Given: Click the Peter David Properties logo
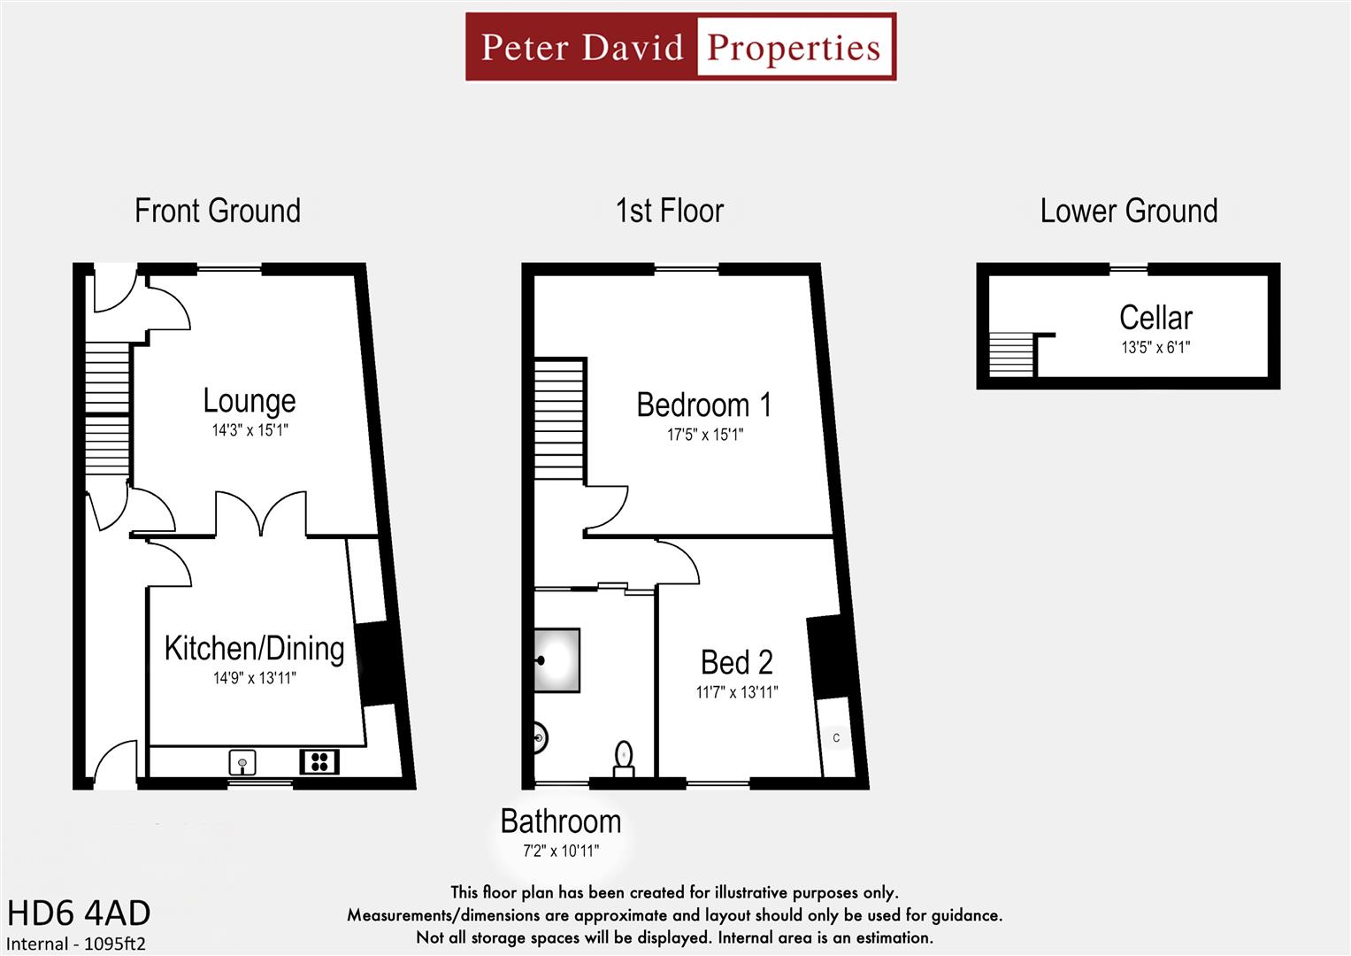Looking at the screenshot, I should click(x=680, y=47).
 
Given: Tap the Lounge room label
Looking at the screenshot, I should click(x=249, y=401).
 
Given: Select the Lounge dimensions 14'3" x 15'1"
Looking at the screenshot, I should click(x=249, y=431).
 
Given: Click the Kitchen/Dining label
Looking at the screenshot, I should click(x=254, y=649).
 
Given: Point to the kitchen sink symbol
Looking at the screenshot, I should click(x=242, y=761).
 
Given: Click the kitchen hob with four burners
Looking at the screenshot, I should click(x=319, y=761).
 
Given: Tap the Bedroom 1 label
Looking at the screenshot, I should click(x=703, y=405).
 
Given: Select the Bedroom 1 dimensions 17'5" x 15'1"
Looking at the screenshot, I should click(x=704, y=435).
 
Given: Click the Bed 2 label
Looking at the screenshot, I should click(x=736, y=662).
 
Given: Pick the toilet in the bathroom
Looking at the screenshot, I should click(x=625, y=759).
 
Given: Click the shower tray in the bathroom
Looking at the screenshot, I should click(x=557, y=660).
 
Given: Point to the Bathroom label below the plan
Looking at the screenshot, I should click(x=560, y=821).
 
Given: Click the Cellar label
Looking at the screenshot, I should click(x=1155, y=318).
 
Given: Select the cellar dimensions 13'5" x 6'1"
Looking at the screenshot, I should click(x=1155, y=348).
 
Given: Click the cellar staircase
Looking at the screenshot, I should click(x=1010, y=355).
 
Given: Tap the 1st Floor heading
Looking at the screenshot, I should click(x=669, y=212).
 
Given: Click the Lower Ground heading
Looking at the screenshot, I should click(x=1128, y=212).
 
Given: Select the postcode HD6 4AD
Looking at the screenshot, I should click(x=79, y=913).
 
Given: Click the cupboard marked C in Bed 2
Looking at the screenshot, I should click(x=836, y=737).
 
